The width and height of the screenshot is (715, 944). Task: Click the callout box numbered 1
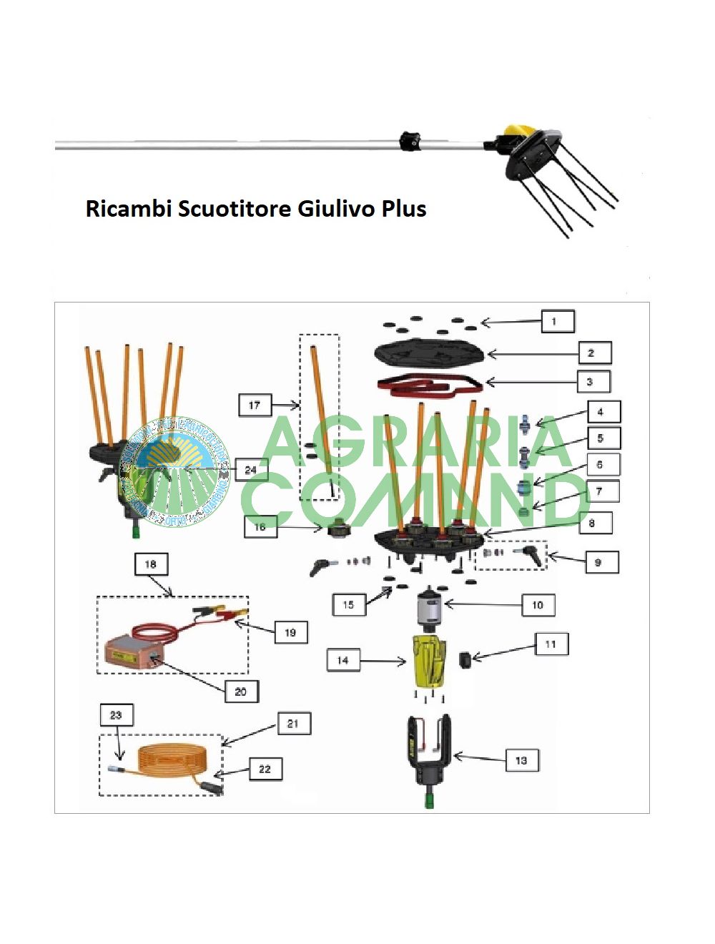click(x=558, y=321)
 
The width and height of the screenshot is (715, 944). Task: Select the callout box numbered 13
click(x=521, y=760)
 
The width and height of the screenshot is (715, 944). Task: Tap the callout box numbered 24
click(x=250, y=470)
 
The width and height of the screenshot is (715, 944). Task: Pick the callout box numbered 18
click(x=151, y=564)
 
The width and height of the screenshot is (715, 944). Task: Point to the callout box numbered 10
click(x=538, y=605)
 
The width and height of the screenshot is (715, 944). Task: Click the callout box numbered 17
click(x=255, y=405)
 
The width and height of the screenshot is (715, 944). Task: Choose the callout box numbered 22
click(x=265, y=769)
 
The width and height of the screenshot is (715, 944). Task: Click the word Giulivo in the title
click(x=337, y=209)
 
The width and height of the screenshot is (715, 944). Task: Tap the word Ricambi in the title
click(x=129, y=209)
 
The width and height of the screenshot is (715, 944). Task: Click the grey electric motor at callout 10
click(x=432, y=608)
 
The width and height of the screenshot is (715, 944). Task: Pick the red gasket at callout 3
click(x=429, y=384)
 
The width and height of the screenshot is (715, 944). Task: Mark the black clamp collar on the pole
click(x=410, y=140)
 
